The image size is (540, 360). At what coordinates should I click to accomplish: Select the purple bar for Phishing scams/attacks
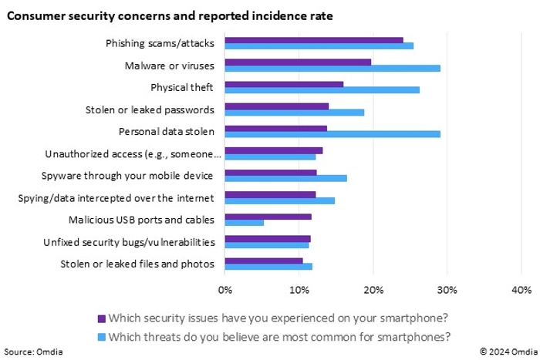(314, 39)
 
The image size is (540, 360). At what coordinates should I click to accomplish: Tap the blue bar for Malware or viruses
(332, 68)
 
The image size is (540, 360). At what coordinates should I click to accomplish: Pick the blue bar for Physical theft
(322, 90)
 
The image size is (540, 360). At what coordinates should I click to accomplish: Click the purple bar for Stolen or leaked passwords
(277, 106)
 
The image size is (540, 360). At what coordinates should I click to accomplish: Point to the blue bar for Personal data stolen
(332, 134)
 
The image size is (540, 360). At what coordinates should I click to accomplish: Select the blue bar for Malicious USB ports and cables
(245, 223)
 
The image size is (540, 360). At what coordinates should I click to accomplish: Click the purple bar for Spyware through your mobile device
(271, 172)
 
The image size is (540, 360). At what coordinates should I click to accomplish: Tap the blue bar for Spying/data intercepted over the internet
(280, 200)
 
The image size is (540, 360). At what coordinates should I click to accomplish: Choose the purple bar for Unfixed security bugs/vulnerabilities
(268, 238)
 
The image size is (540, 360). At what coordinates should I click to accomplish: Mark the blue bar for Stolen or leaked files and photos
(268, 267)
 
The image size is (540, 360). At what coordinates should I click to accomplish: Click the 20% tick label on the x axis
(373, 290)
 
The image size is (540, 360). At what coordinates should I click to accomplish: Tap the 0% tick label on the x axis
(225, 290)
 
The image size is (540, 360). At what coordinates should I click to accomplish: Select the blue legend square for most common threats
(101, 336)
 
